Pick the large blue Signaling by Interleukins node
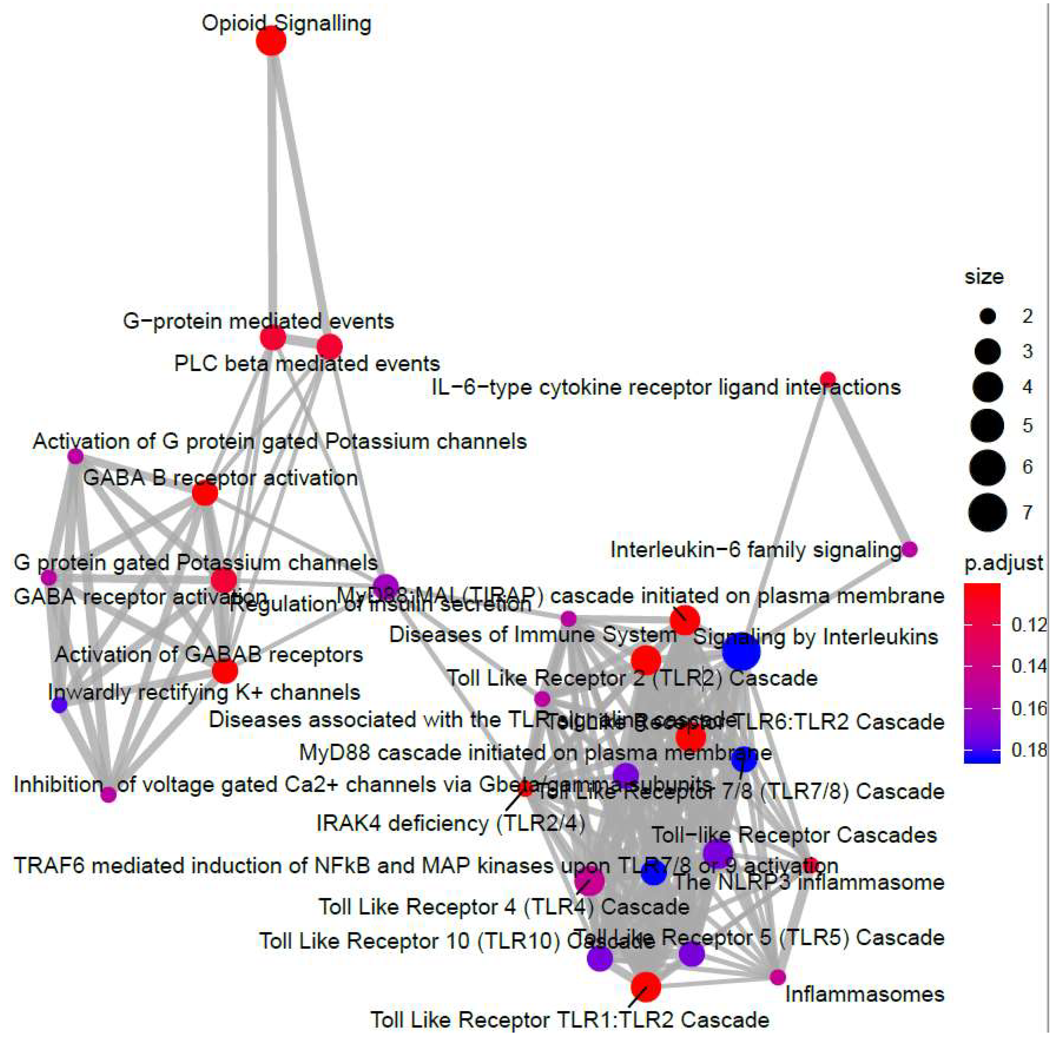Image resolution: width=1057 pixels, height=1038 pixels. [741, 652]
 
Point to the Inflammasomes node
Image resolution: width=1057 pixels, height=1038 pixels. [778, 977]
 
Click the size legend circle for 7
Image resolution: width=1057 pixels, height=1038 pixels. [988, 513]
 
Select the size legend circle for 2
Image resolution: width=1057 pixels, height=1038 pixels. [988, 316]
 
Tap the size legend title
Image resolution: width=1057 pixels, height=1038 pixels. [984, 277]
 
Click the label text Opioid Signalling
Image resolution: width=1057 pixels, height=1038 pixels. [286, 23]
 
